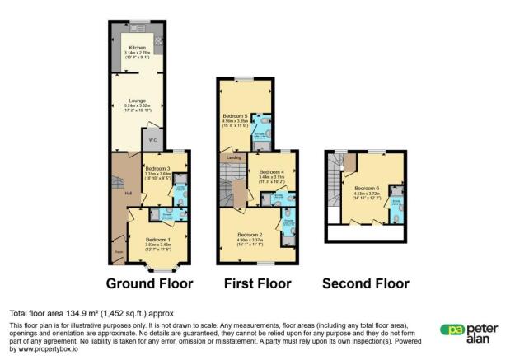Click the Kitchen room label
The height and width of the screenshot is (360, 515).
[x=136, y=49]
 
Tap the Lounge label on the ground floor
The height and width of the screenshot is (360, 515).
[x=136, y=101]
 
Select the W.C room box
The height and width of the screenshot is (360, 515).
[x=152, y=141]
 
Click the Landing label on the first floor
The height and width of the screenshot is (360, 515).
[x=233, y=157]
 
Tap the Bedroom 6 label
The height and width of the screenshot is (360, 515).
[x=367, y=188]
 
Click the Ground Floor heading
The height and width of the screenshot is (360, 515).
[x=149, y=283]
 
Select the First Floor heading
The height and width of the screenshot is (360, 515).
[x=258, y=283]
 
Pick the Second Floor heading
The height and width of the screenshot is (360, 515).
[x=365, y=283]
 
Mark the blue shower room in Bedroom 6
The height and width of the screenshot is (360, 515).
[x=396, y=206]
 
